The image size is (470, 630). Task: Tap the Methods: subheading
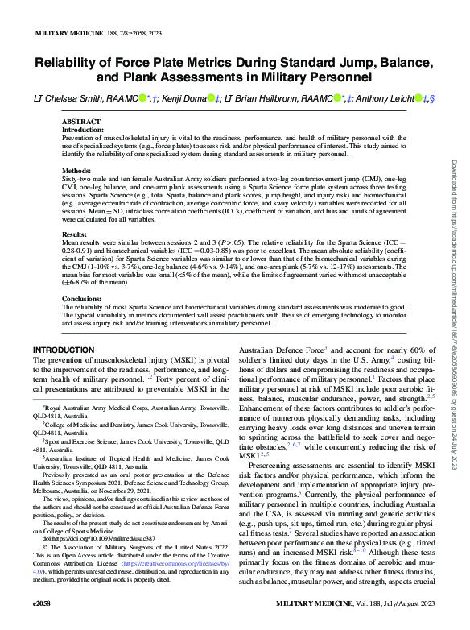tap(78, 171)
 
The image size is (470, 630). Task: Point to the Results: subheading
tap(76, 234)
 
